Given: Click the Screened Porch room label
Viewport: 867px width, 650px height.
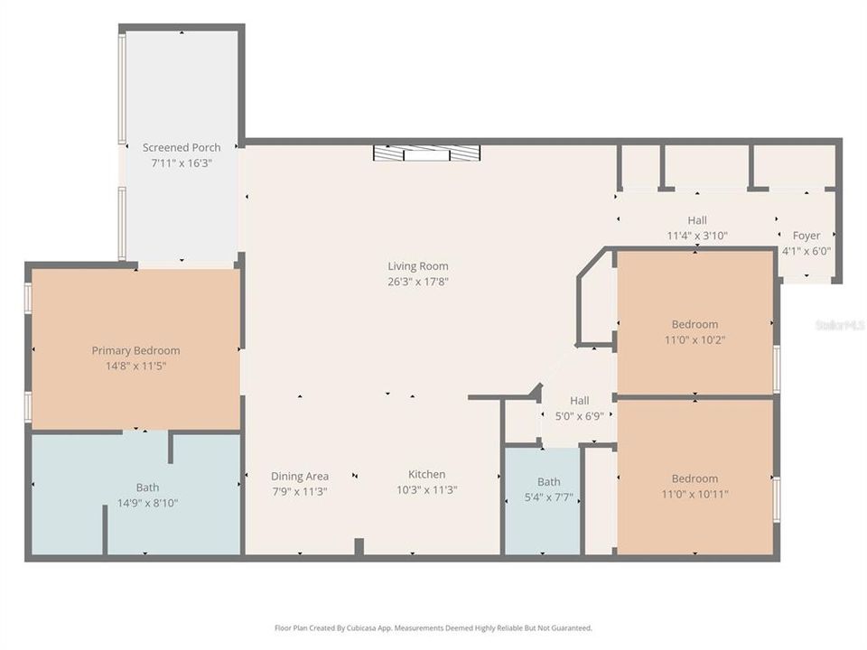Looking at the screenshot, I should pos(182,147).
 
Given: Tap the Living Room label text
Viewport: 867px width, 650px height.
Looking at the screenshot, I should pos(417,266).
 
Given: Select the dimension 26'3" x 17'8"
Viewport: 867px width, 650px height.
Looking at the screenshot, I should pos(417,281).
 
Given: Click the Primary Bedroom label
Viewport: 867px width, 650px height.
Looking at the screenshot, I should pos(135,350).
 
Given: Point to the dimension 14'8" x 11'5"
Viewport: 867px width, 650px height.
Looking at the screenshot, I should pos(135,366).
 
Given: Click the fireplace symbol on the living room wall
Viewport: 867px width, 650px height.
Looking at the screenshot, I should pos(426,153).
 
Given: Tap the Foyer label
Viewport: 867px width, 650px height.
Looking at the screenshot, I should pos(806,236).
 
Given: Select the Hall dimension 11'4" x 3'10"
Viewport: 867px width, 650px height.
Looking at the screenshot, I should pos(697,235).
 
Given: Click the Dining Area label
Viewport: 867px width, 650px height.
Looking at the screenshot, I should pos(300,476).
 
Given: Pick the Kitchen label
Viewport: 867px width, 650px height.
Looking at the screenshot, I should pos(426,474).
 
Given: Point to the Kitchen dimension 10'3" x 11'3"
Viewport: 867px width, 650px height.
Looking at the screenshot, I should pos(426,489).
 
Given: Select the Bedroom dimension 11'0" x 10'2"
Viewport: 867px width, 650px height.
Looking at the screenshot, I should pos(695,339).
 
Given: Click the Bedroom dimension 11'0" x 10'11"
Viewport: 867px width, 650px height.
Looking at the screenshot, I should pos(695,494).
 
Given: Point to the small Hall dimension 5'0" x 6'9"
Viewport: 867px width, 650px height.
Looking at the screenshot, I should pos(579,416).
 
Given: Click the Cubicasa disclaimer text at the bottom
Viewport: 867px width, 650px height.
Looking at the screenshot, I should pos(433,627).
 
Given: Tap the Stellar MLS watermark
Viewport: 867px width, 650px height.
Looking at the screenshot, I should pos(839,324).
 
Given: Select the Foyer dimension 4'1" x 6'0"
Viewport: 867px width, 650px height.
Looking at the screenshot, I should pos(806,252).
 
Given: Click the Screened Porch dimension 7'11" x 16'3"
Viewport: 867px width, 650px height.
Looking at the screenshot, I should pos(182,162).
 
